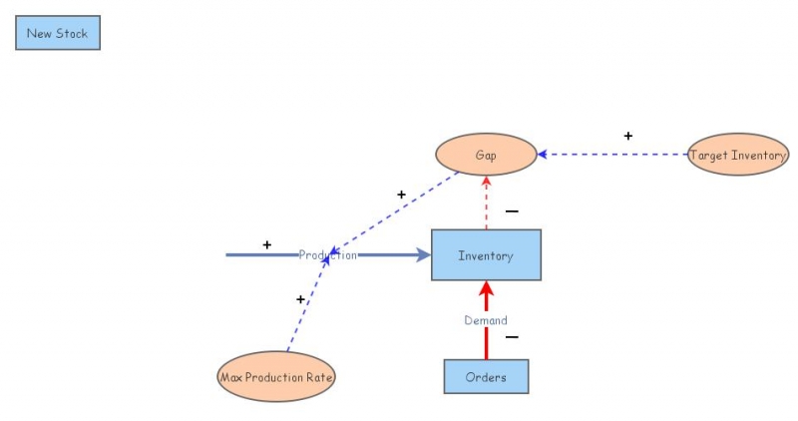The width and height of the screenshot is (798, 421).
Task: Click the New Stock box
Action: tap(57, 33)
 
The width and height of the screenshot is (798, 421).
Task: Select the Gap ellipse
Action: tap(486, 155)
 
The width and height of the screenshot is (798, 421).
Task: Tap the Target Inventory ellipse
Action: tap(738, 155)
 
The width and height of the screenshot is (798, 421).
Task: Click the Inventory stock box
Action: tap(486, 255)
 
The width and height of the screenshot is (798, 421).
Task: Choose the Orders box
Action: tap(486, 377)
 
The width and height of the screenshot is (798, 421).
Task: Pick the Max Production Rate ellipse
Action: tap(276, 377)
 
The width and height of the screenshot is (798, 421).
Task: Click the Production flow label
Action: tap(327, 255)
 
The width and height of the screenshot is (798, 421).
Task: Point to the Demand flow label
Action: tap(486, 320)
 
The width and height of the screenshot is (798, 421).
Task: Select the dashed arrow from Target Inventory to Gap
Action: tap(613, 155)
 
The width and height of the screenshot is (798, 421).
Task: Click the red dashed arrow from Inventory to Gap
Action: tap(486, 205)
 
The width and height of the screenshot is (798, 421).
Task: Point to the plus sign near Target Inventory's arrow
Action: tap(627, 136)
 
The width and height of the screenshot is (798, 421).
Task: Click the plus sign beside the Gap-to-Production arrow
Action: tap(401, 195)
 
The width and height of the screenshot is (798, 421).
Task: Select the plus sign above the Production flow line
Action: tap(266, 244)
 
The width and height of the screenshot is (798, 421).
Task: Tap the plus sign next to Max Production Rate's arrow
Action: tap(300, 299)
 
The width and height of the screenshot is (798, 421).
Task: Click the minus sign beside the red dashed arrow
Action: tap(512, 211)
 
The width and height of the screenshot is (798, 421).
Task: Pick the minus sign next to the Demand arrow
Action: tap(512, 337)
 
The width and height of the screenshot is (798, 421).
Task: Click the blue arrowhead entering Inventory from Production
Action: tap(422, 255)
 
